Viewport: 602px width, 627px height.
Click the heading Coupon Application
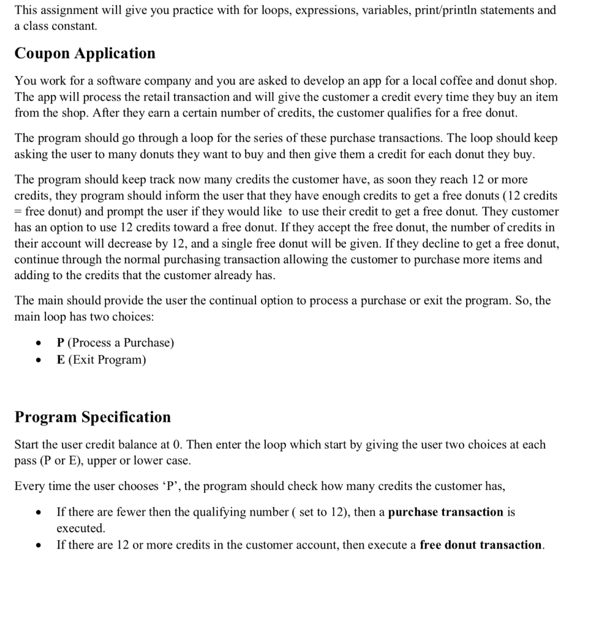pyautogui.click(x=85, y=54)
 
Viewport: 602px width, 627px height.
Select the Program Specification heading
pyautogui.click(x=92, y=417)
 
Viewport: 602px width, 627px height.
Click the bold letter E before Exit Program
pyautogui.click(x=61, y=359)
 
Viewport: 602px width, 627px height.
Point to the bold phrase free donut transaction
pyautogui.click(x=481, y=545)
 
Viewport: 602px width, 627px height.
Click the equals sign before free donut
pyautogui.click(x=18, y=212)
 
